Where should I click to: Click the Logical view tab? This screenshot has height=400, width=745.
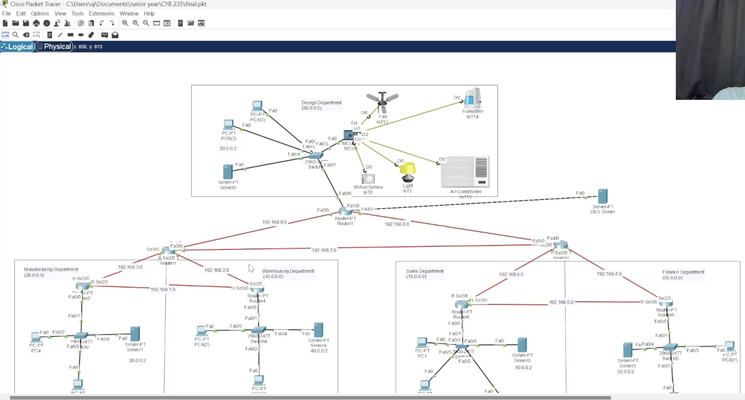(x=17, y=47)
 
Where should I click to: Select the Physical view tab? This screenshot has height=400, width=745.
(x=54, y=47)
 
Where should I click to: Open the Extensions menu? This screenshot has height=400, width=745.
(x=101, y=14)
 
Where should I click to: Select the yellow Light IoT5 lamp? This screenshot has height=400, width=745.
(x=408, y=172)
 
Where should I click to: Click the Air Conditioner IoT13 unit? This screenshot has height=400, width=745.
(x=465, y=172)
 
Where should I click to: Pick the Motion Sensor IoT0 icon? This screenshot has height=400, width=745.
(x=368, y=179)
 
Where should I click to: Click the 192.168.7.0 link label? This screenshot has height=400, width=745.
(x=324, y=250)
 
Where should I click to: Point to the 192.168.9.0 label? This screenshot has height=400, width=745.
(x=274, y=222)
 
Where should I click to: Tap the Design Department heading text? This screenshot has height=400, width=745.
(x=321, y=103)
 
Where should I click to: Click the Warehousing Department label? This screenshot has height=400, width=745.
(x=288, y=271)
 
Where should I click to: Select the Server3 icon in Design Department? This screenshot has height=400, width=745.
(x=228, y=172)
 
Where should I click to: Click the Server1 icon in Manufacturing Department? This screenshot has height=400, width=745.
(x=135, y=334)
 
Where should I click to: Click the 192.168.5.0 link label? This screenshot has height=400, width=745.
(x=561, y=302)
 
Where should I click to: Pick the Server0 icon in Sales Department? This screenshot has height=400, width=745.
(x=522, y=345)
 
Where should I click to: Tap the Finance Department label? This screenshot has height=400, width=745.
(x=683, y=272)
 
